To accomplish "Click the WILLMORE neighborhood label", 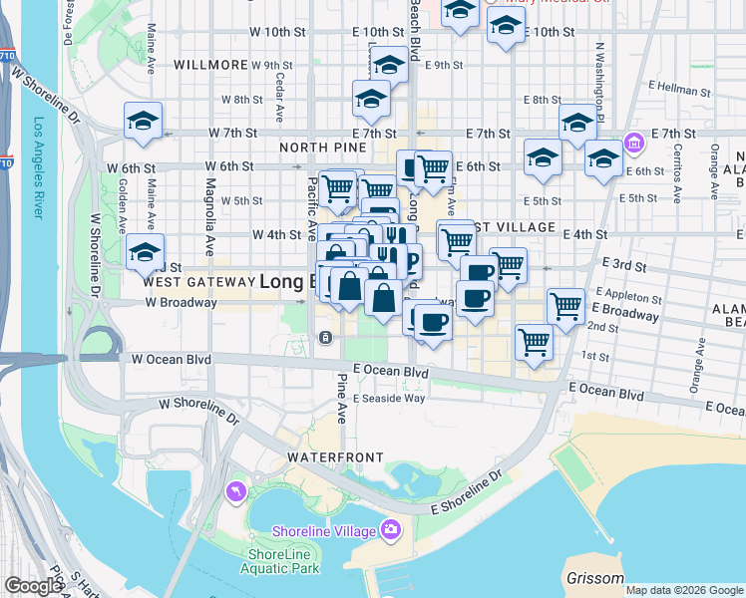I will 209,64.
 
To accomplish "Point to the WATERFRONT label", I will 335,456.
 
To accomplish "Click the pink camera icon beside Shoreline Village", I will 392,529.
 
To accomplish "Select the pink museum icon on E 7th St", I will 632,145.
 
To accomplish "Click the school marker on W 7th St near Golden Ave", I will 143,123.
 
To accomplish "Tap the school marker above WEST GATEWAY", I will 145,252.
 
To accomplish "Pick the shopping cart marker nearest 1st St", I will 534,342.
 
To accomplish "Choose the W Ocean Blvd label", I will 172,359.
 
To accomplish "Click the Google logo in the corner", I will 33,586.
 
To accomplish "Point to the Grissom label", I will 594,578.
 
